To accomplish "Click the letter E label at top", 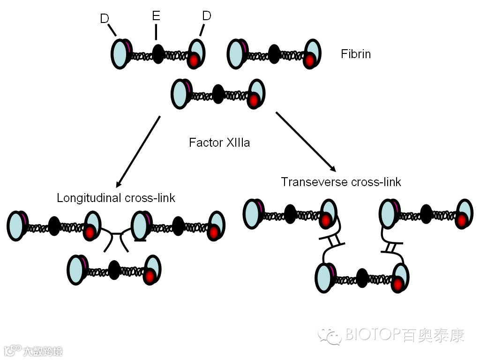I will click(156, 16).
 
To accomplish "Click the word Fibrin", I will click(356, 54).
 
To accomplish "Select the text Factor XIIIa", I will click(219, 142).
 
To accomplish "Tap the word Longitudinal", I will click(90, 198).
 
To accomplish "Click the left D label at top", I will click(105, 19).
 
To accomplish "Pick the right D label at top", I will click(207, 16).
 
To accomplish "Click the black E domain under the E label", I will click(158, 54).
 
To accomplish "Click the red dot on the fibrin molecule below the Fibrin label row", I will click(254, 100).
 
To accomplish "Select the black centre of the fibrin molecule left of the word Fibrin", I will click(274, 54).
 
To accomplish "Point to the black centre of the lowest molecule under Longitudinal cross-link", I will click(114, 270).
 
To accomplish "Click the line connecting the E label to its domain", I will click(156, 32).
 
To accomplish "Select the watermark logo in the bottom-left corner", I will click(33, 350).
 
